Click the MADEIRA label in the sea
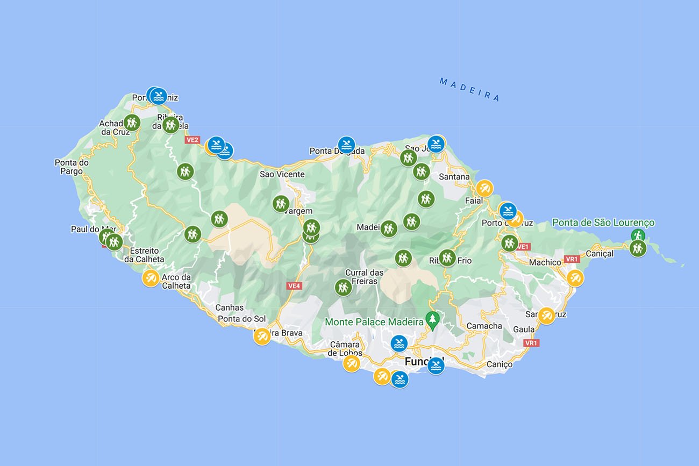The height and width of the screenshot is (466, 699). pos(469,89)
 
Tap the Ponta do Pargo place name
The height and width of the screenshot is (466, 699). pos(72,167)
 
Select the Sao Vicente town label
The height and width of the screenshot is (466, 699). pos(282,174)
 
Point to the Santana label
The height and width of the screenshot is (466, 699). pos(454,177)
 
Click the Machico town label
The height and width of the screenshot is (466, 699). pos(545,262)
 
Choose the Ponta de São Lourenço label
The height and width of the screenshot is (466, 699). pos(603,223)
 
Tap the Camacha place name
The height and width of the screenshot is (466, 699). pos(484,326)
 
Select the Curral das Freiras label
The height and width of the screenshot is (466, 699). pos(364,277)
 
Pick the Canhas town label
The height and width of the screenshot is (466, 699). pos(229,308)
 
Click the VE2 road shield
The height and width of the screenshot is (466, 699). pos(192,140)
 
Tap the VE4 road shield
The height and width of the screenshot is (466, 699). pos(294,286)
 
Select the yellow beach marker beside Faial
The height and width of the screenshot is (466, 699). pos(484,188)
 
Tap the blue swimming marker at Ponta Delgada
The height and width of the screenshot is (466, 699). pos(346,145)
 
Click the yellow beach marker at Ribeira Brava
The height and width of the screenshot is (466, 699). pos(262,336)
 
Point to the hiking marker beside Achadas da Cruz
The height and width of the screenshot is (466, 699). pos(132,123)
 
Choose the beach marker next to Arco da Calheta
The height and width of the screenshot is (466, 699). pos(151,278)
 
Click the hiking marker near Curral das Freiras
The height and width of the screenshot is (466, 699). pos(343,288)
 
